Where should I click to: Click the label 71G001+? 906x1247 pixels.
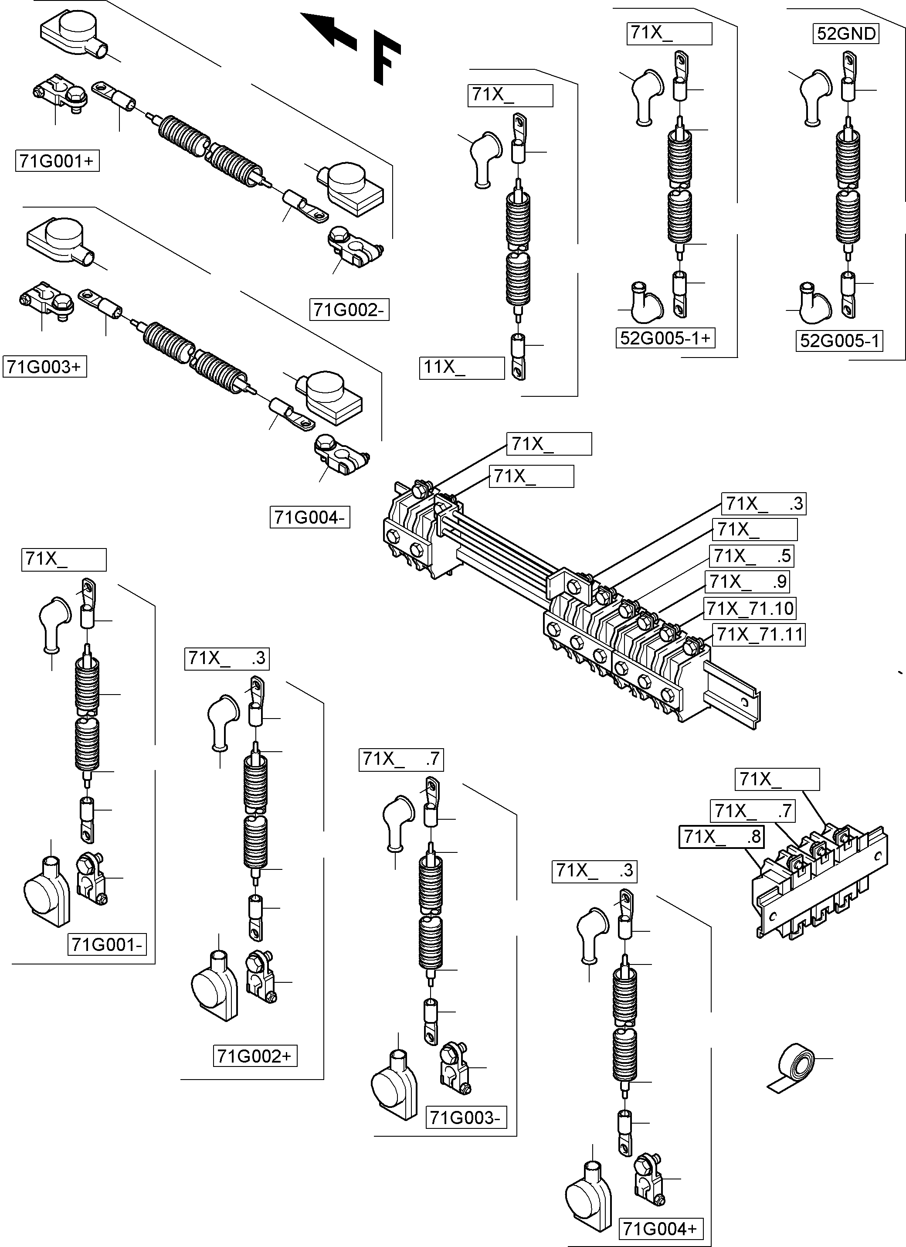[57, 161]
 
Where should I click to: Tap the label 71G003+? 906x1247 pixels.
[44, 366]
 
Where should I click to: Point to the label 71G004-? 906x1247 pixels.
[310, 518]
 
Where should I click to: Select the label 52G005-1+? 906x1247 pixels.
[665, 337]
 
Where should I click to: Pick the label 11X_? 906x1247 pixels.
[461, 367]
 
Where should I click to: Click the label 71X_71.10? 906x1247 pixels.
[750, 608]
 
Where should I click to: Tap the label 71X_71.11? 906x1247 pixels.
[759, 634]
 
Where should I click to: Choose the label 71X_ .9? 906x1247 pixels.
[748, 581]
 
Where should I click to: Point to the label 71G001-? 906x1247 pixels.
[108, 944]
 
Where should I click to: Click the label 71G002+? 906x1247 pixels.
[255, 1056]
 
